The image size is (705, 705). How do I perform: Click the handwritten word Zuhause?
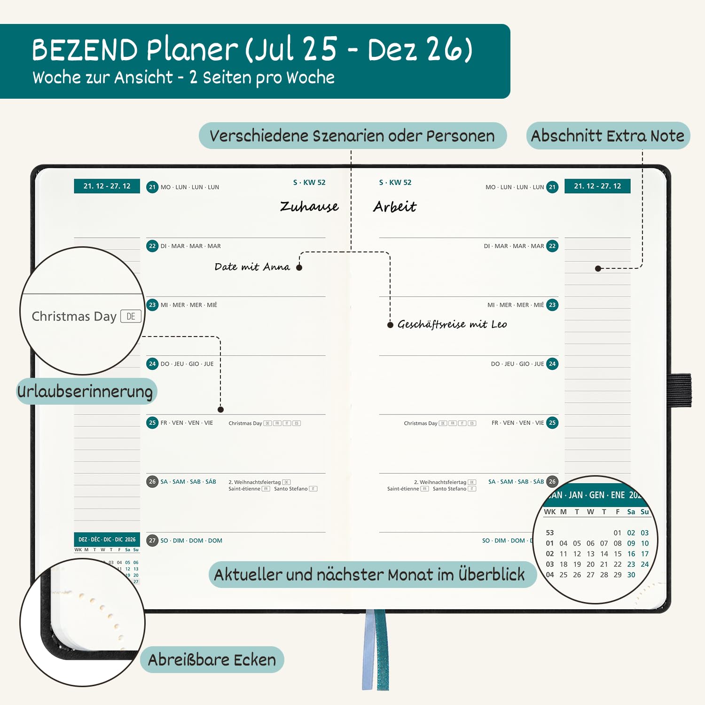(309, 206)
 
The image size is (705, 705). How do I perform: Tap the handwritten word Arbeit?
(394, 206)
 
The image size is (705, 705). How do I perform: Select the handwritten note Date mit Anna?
(252, 267)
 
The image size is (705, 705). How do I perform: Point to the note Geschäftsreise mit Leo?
(452, 324)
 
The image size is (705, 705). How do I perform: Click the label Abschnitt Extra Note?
(608, 136)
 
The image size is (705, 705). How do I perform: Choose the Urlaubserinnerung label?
(86, 391)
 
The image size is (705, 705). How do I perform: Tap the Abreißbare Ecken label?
(212, 660)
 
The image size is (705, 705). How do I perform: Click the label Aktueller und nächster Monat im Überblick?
(369, 574)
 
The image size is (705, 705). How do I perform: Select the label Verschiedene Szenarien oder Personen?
(352, 136)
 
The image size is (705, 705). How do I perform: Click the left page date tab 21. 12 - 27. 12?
(107, 186)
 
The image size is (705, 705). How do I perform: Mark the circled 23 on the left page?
(152, 305)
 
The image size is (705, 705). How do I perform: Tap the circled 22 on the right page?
(552, 246)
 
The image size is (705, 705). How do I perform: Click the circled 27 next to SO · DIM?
(152, 540)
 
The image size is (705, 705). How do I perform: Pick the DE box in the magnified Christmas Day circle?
(131, 316)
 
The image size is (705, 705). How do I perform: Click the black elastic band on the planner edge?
(680, 390)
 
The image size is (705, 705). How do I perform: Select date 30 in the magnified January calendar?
(631, 575)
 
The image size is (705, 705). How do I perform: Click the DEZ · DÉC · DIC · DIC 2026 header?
(107, 540)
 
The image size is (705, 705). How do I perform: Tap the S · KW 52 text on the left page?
(309, 182)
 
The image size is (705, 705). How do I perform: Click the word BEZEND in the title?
(85, 50)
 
